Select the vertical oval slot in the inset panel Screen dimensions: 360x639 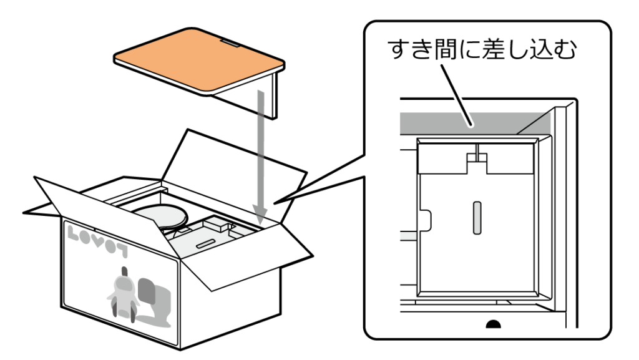(477, 218)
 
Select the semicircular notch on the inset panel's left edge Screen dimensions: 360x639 (426, 219)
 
